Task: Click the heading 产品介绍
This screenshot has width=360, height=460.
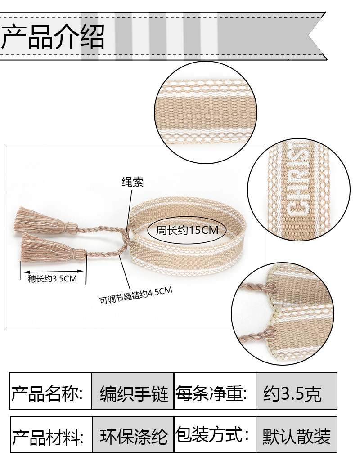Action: pos(53,37)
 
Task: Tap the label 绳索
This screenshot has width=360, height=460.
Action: pos(133,182)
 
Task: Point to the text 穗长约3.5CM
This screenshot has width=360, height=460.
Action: pos(52,279)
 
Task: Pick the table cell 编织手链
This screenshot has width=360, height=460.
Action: pos(133,392)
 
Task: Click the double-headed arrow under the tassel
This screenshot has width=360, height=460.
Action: pos(53,271)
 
